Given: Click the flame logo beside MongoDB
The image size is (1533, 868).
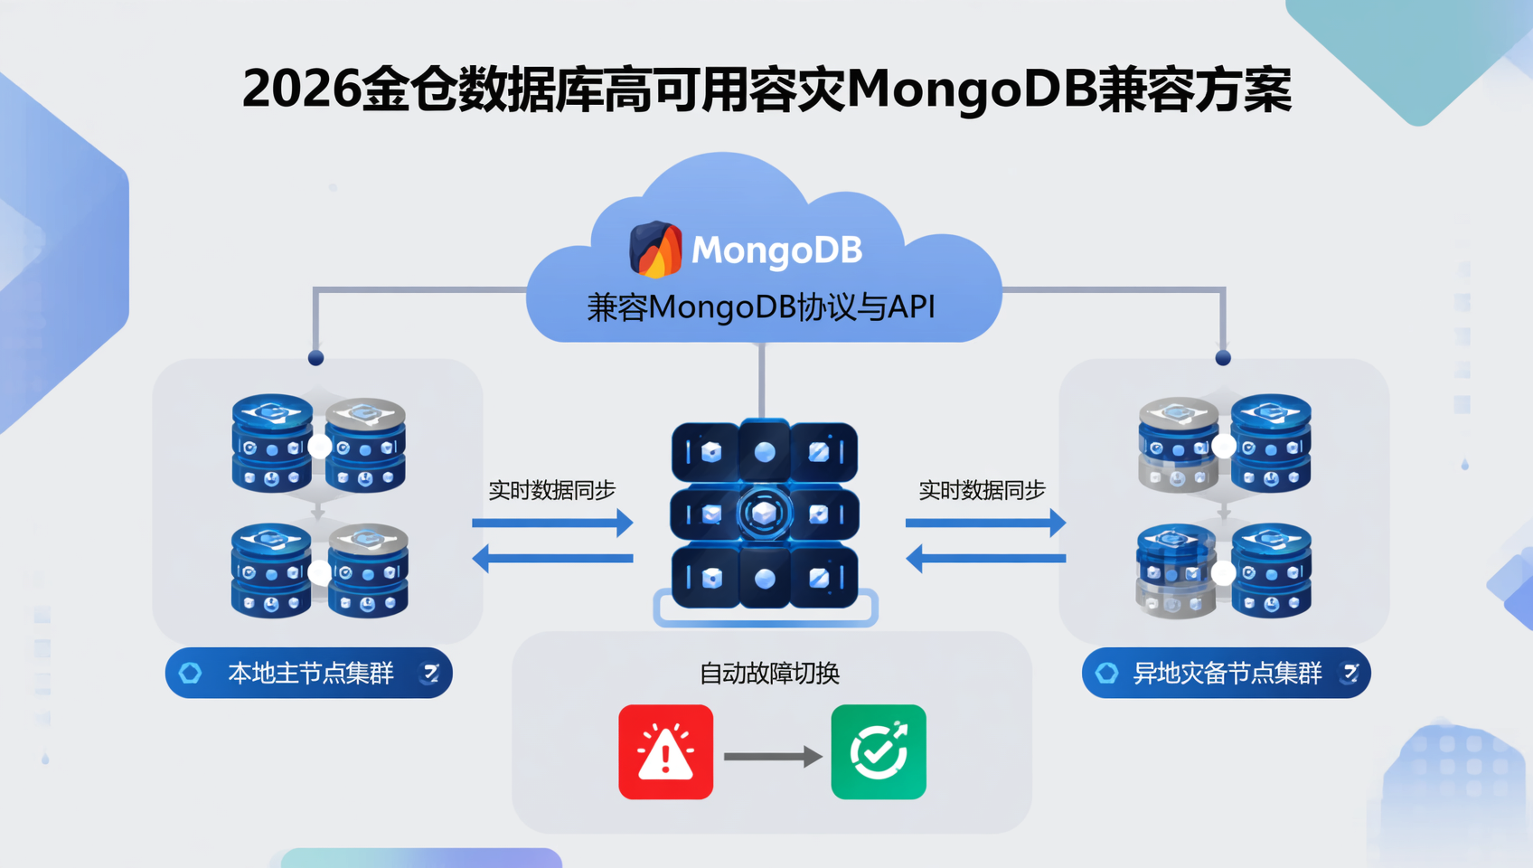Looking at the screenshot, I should tap(656, 249).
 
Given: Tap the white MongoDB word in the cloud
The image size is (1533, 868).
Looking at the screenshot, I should tap(776, 250).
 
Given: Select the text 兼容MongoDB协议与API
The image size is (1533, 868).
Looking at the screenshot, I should tap(761, 307).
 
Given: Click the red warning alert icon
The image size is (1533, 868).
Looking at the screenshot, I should tap(666, 752).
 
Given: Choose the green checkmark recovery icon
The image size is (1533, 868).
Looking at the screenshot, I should tap(879, 752).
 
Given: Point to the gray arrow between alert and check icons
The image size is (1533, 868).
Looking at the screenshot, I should tap(773, 756).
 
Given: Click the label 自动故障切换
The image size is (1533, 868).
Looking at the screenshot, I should tap(770, 674).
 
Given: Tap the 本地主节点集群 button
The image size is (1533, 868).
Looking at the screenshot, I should tap(309, 673).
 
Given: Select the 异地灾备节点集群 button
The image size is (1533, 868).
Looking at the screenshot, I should tap(1226, 673).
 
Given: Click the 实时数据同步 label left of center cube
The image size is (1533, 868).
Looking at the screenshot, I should tap(551, 490).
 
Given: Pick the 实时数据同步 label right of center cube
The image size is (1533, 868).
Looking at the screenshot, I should tap(982, 490).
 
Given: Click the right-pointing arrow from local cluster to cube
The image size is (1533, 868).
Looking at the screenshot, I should tap(552, 523).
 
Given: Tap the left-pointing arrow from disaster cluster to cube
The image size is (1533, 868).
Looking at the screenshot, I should tap(985, 559).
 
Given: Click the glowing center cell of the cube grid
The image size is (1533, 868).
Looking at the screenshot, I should tap(765, 514).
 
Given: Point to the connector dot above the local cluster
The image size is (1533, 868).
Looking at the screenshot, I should tap(315, 358).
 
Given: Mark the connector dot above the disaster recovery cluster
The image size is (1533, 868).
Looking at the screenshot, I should tap(1223, 358).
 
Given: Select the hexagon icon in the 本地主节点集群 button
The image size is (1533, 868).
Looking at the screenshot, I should tap(191, 673).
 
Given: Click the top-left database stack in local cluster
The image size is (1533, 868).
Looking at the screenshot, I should tap(272, 442).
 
